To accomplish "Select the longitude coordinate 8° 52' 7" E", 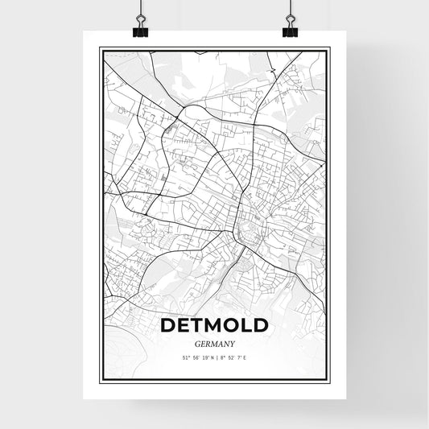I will pyautogui.click(x=234, y=357).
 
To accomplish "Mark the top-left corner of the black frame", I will pyautogui.click(x=101, y=49).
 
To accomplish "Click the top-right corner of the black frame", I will pyautogui.click(x=328, y=49).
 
